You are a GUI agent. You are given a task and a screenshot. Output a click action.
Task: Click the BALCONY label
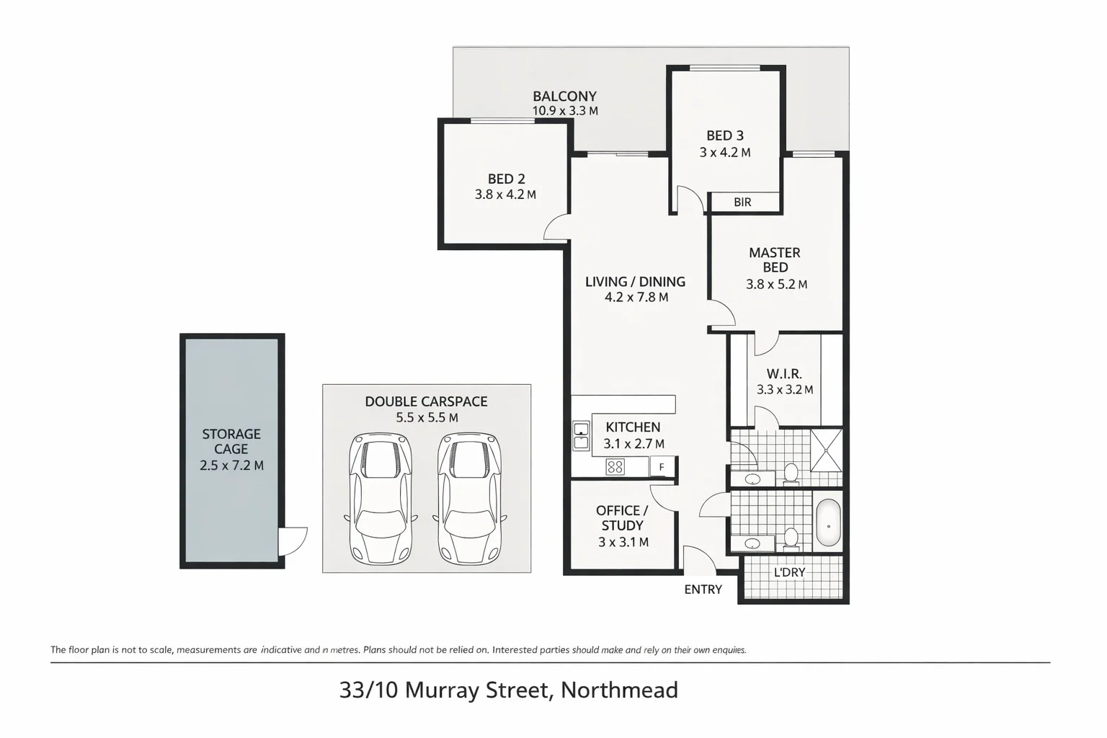click(x=564, y=96)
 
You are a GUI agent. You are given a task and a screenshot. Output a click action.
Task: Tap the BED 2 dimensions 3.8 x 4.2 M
click(x=505, y=195)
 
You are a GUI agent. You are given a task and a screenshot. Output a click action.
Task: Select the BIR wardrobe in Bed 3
click(x=743, y=203)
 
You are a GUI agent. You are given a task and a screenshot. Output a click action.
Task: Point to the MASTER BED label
click(x=775, y=259)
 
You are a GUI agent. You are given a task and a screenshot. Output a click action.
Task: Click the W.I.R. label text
click(x=784, y=373)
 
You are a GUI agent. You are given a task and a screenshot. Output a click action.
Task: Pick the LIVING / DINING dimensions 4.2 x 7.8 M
click(x=636, y=297)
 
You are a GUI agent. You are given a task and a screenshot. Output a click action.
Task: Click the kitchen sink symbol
click(x=581, y=436)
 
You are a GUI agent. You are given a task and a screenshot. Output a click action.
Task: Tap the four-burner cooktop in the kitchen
click(x=615, y=467)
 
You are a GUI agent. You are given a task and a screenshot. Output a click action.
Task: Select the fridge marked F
click(x=662, y=467)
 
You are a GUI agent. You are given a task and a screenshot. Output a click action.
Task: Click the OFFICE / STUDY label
click(x=622, y=517)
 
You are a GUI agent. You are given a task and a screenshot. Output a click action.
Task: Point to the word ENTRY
click(x=703, y=590)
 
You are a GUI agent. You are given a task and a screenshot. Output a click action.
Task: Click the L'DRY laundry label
click(x=789, y=572)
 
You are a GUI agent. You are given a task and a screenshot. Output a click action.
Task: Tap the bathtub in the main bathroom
click(x=828, y=523)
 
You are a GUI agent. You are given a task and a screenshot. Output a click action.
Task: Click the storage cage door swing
click(x=292, y=540)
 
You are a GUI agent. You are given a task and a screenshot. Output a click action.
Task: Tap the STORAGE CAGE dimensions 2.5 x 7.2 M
click(x=231, y=466)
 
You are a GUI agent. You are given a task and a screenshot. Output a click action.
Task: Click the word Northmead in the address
click(x=619, y=690)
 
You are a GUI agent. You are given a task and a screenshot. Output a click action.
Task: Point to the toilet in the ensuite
click(x=791, y=473)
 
